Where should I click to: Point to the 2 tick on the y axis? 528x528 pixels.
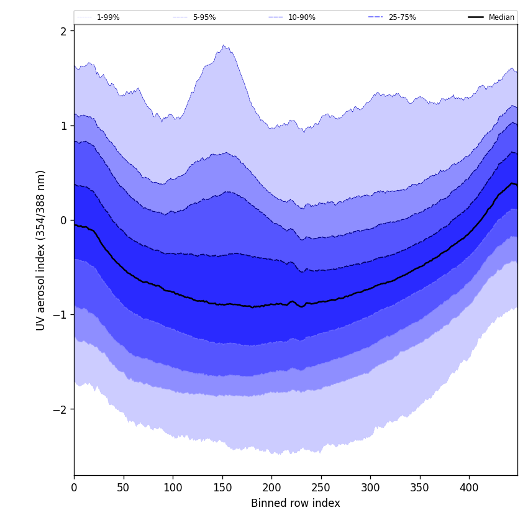pyautogui.click(x=63, y=31)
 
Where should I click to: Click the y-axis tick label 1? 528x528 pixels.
pyautogui.click(x=63, y=125)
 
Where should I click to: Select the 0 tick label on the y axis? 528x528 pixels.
pyautogui.click(x=63, y=221)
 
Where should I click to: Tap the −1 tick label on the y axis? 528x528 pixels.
pyautogui.click(x=60, y=315)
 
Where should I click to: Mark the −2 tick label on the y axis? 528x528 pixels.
pyautogui.click(x=60, y=409)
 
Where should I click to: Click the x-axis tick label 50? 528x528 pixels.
pyautogui.click(x=123, y=488)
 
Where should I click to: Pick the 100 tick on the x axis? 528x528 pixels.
pyautogui.click(x=173, y=488)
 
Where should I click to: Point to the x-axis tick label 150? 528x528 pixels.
pyautogui.click(x=222, y=488)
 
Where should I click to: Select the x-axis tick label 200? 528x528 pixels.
pyautogui.click(x=271, y=488)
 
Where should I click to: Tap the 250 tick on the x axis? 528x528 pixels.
pyautogui.click(x=321, y=488)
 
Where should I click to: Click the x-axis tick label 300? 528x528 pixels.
pyautogui.click(x=370, y=488)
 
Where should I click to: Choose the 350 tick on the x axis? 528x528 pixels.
pyautogui.click(x=420, y=488)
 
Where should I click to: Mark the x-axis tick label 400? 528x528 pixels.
pyautogui.click(x=469, y=488)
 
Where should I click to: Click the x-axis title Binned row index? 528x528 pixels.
pyautogui.click(x=296, y=503)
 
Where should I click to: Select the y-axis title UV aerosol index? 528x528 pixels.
pyautogui.click(x=41, y=250)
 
